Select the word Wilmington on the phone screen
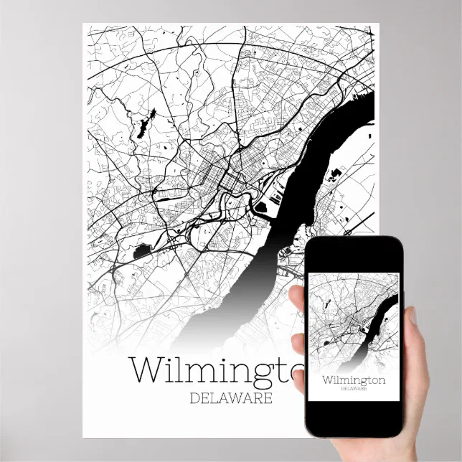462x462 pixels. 353,379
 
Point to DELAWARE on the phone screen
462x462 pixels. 353,390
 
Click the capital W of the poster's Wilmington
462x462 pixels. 148,370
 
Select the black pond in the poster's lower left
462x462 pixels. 141,251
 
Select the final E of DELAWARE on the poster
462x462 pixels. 268,397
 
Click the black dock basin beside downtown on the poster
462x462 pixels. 260,207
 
